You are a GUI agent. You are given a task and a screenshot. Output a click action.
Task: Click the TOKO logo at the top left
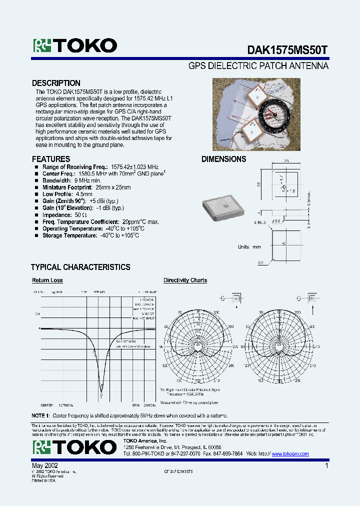pyautogui.click(x=75, y=46)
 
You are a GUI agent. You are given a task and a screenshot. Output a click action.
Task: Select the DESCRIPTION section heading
pyautogui.click(x=56, y=83)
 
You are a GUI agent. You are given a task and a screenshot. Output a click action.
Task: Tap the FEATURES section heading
pyautogui.click(x=51, y=159)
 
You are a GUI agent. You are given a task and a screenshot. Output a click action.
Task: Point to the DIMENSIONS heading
pyautogui.click(x=223, y=159)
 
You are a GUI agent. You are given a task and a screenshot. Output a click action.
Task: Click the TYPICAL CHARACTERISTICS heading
pyautogui.click(x=80, y=267)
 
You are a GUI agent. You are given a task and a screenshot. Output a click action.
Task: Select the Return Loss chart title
pyautogui.click(x=47, y=280)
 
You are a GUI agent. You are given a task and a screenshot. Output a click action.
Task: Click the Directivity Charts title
pyautogui.click(x=185, y=280)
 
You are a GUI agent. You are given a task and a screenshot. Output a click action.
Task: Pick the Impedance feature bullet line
pyautogui.click(x=64, y=215)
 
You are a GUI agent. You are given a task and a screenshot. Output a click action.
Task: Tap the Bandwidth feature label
pyautogui.click(x=57, y=180)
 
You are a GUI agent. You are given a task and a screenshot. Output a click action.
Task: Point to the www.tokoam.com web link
pyautogui.click(x=290, y=454)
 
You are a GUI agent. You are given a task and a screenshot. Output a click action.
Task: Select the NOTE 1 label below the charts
pyautogui.click(x=40, y=415)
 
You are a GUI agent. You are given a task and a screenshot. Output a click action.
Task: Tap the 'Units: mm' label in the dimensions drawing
pyautogui.click(x=249, y=247)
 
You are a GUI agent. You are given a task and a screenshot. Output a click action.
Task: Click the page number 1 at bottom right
pyautogui.click(x=326, y=465)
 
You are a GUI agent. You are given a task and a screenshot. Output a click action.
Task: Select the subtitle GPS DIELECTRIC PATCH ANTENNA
pyautogui.click(x=258, y=66)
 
